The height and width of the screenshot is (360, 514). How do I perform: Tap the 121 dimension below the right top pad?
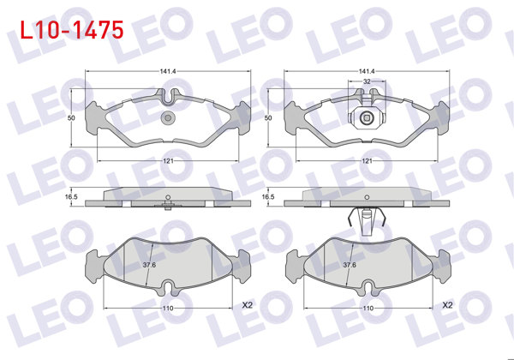click(366, 161)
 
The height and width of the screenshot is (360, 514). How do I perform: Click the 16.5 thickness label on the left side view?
click(72, 197)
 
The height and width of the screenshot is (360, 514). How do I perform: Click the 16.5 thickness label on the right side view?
click(268, 197)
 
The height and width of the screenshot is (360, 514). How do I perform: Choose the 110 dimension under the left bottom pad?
click(168, 308)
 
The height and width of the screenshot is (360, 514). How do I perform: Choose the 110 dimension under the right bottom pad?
click(367, 308)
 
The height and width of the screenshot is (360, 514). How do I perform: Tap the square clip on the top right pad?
click(367, 117)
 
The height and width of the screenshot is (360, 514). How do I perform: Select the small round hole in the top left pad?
click(169, 117)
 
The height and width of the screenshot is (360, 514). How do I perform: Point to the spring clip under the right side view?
click(366, 220)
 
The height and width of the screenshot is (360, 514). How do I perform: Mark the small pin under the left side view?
click(169, 206)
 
